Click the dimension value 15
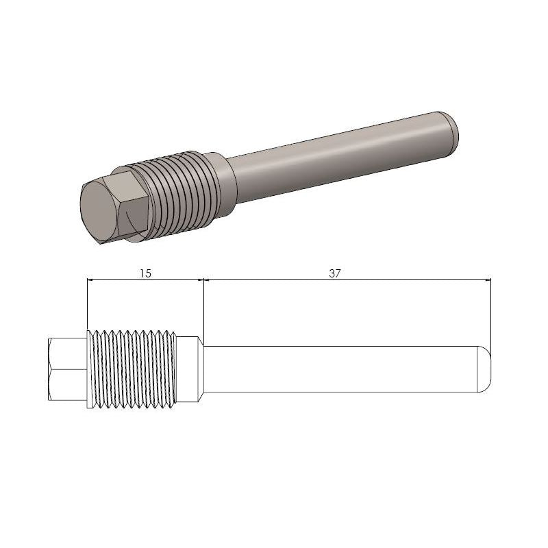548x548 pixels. point(145,273)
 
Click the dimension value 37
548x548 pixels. point(334,273)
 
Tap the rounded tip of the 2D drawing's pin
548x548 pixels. point(485,369)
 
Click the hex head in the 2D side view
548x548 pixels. point(67,369)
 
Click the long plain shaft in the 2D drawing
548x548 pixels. point(342,369)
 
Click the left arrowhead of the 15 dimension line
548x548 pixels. point(91,279)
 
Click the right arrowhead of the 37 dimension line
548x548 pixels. point(488,279)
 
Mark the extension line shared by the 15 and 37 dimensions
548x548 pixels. point(204,308)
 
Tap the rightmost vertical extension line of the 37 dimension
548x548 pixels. point(492,315)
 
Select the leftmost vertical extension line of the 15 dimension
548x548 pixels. point(87,305)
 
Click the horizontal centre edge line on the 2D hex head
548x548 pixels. point(67,370)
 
